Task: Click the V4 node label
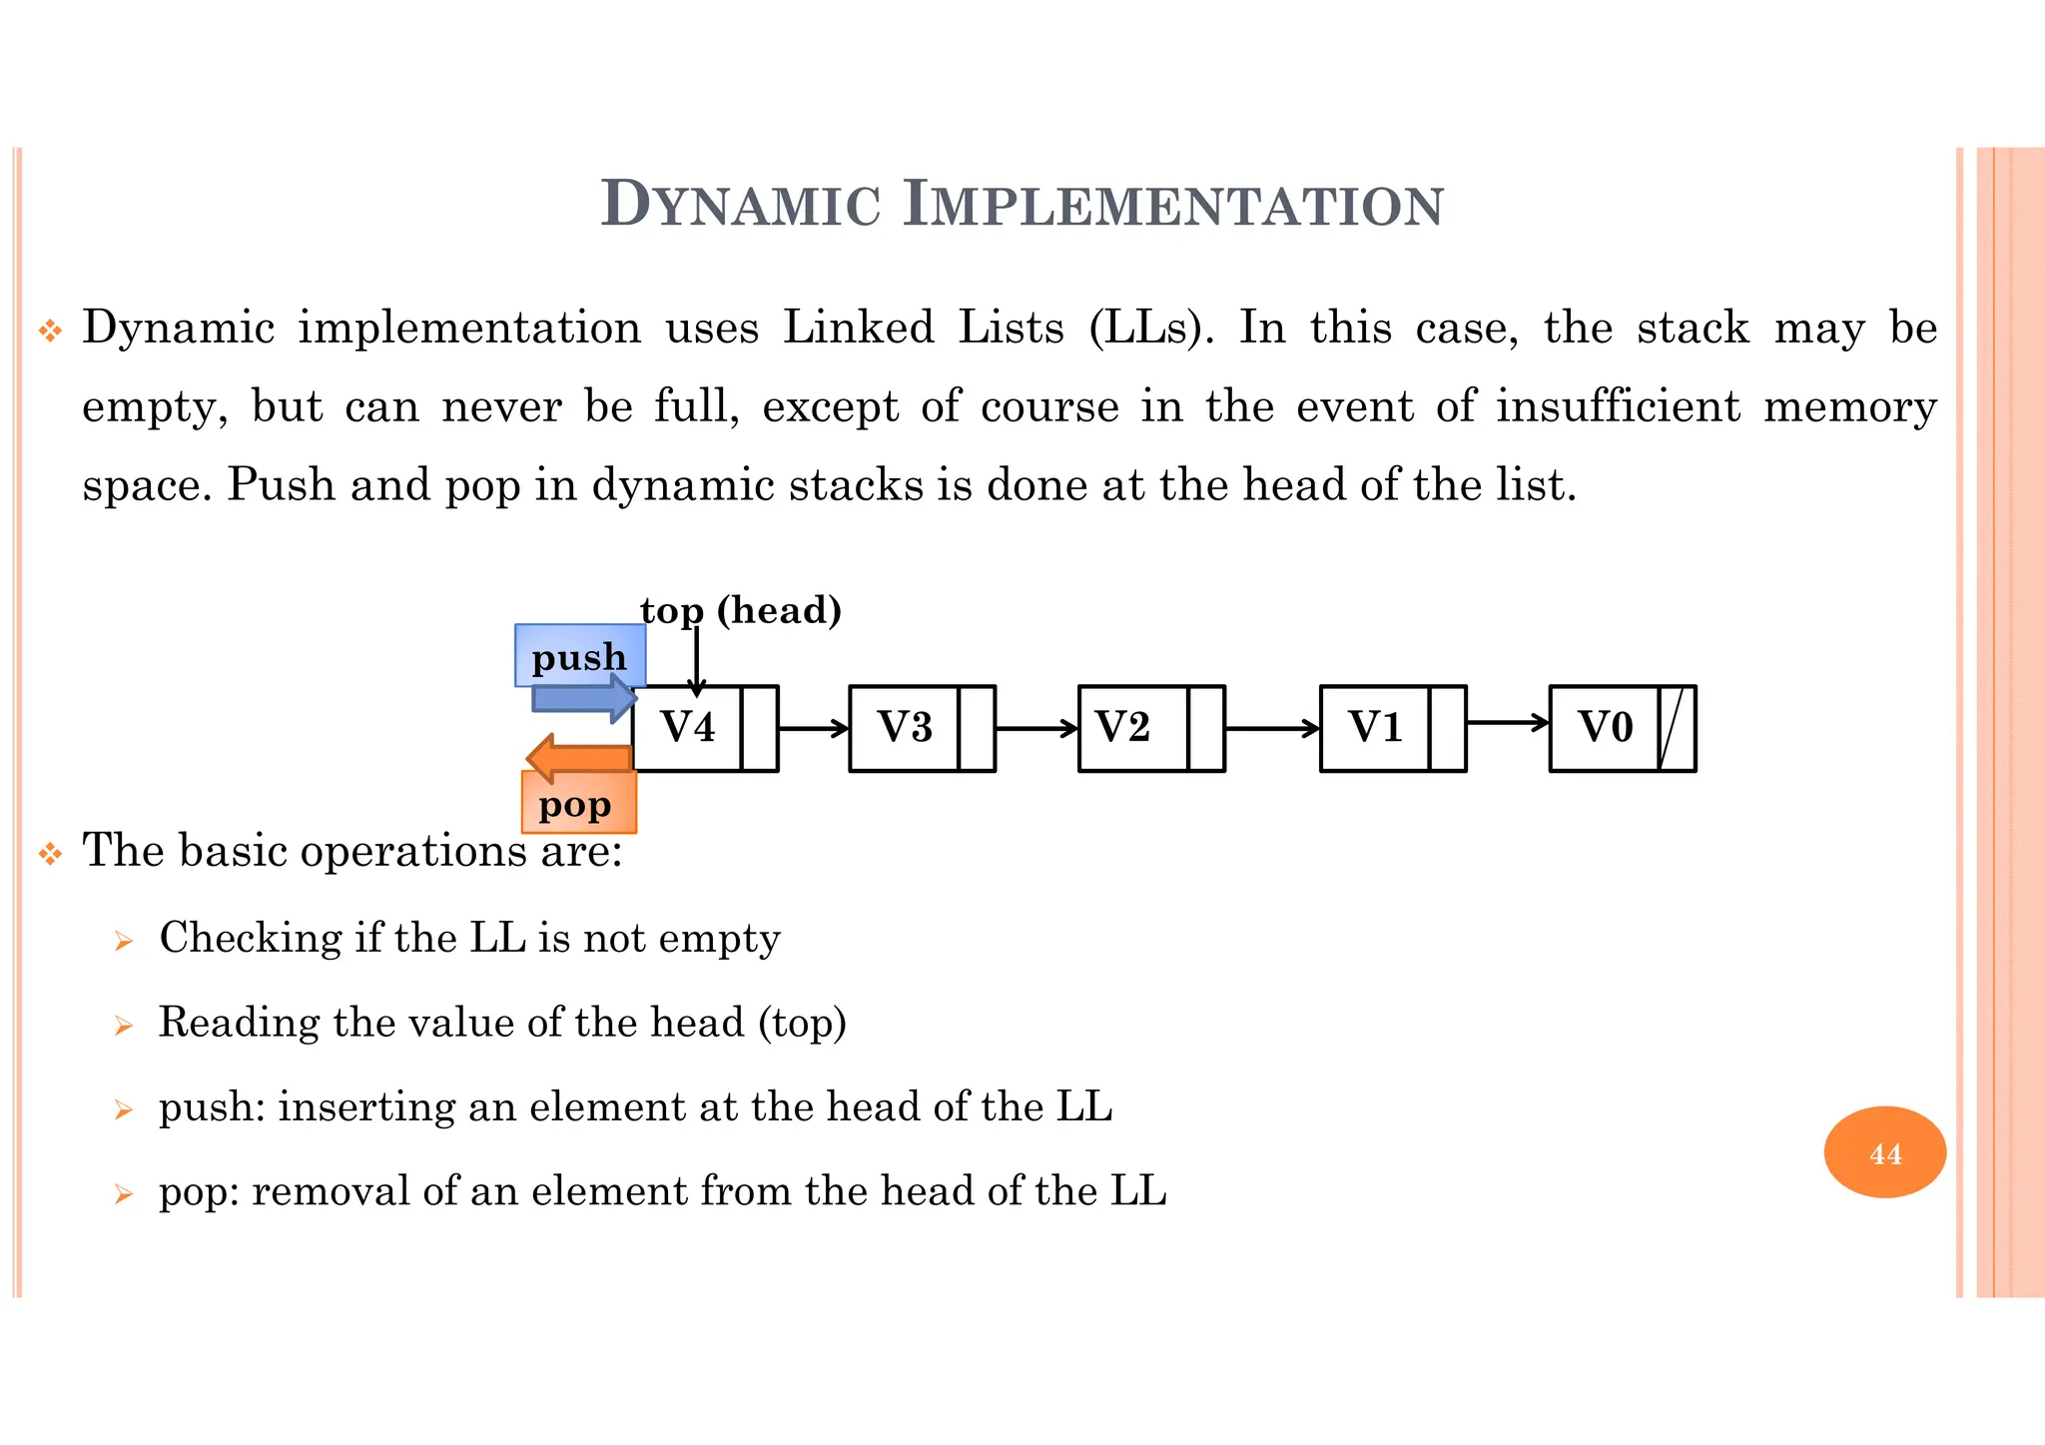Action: [x=688, y=727]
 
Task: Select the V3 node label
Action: [x=905, y=727]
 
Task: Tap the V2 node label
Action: [x=1122, y=727]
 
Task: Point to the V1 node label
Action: [x=1376, y=727]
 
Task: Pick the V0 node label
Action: [x=1606, y=727]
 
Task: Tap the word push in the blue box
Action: [x=579, y=657]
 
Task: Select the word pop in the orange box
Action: [x=575, y=805]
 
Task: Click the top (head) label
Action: [x=741, y=610]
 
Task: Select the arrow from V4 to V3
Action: [x=813, y=728]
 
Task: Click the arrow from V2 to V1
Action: [x=1272, y=728]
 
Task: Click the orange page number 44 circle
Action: [x=1885, y=1153]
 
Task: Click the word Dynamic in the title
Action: [x=741, y=205]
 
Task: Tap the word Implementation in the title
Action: [x=1173, y=205]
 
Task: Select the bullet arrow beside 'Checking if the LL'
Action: [x=124, y=941]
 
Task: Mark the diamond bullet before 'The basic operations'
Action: [x=50, y=854]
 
